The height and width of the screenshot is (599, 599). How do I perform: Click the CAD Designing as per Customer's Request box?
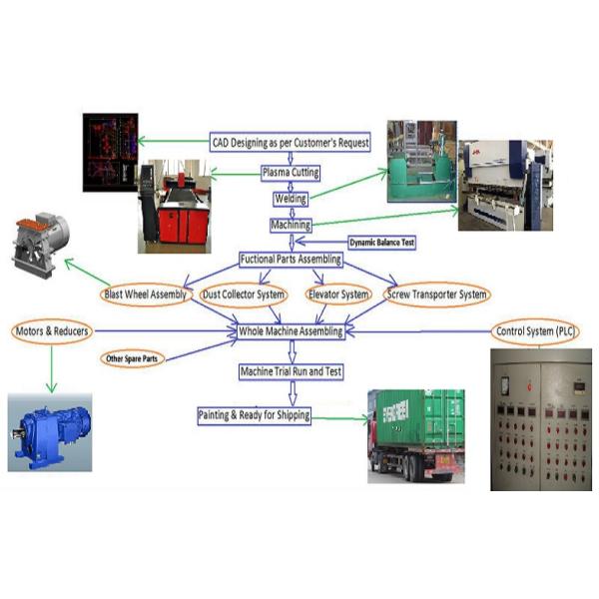point(291,143)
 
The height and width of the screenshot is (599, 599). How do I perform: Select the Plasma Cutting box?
point(291,173)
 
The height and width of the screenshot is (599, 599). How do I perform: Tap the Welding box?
point(291,199)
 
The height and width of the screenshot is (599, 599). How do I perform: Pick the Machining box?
point(291,226)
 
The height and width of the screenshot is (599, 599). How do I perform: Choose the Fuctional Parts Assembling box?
point(291,260)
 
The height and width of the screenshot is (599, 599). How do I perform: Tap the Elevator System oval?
point(340,295)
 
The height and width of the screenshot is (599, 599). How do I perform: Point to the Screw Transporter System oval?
point(437,295)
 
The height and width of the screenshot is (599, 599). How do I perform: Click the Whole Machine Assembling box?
point(291,330)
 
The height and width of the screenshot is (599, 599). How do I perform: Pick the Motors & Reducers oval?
point(52,330)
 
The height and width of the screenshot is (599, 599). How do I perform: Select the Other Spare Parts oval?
point(132,357)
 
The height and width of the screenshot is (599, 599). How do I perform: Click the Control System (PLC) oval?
point(537,330)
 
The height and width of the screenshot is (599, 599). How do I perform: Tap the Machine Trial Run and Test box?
point(291,371)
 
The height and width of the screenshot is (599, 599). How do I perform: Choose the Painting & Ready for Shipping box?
point(254,415)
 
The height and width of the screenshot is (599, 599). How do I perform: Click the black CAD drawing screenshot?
point(109,151)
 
